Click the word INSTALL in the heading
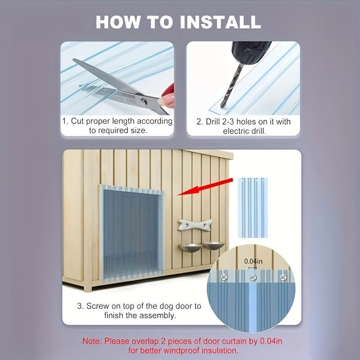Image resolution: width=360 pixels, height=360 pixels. (220, 22)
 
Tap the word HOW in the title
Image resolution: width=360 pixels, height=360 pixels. (117, 22)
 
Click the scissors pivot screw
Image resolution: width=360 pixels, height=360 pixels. (144, 102)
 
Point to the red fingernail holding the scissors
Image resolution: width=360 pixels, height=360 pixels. (168, 90)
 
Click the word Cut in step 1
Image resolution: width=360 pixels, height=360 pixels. (77, 121)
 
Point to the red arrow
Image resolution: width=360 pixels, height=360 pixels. (206, 187)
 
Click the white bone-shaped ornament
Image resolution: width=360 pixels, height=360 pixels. (195, 225)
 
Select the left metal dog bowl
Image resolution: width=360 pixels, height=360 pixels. (190, 247)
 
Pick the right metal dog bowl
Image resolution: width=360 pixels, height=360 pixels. (213, 246)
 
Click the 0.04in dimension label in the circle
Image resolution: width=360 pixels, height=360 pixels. (253, 261)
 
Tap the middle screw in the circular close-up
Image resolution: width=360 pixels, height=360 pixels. (253, 278)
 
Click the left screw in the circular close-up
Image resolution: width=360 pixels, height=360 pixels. (224, 277)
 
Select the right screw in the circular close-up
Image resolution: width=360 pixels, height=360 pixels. (283, 278)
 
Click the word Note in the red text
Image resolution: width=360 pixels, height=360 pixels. (92, 341)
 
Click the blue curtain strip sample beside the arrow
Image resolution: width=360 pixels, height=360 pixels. (252, 207)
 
